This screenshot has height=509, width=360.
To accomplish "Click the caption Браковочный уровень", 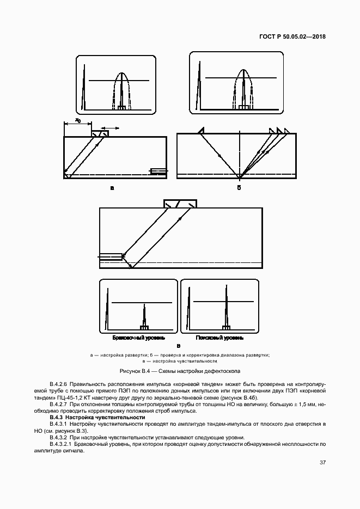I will pyautogui.click(x=135, y=338).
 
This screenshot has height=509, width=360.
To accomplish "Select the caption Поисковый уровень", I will pyautogui.click(x=219, y=338).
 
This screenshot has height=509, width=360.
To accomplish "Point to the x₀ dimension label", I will pyautogui.click(x=78, y=120).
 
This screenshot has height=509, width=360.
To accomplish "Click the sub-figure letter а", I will pyautogui.click(x=112, y=188).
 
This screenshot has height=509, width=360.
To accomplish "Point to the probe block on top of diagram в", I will pyautogui.click(x=180, y=204).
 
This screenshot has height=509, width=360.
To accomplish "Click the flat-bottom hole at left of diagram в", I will pyautogui.click(x=110, y=256).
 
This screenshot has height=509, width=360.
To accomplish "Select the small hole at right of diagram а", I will pyautogui.click(x=157, y=172).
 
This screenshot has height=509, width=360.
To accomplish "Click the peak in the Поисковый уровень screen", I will pyautogui.click(x=226, y=308).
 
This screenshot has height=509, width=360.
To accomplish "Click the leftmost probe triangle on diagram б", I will pyautogui.click(x=201, y=130).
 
